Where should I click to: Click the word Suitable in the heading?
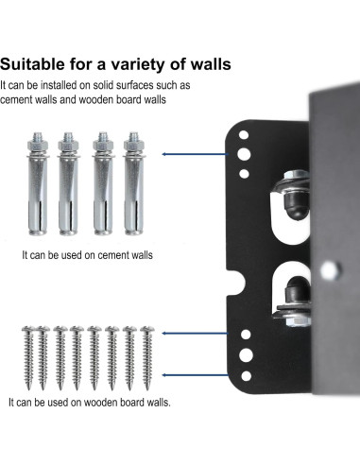(36, 65)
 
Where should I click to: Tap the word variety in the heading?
(149, 65)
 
